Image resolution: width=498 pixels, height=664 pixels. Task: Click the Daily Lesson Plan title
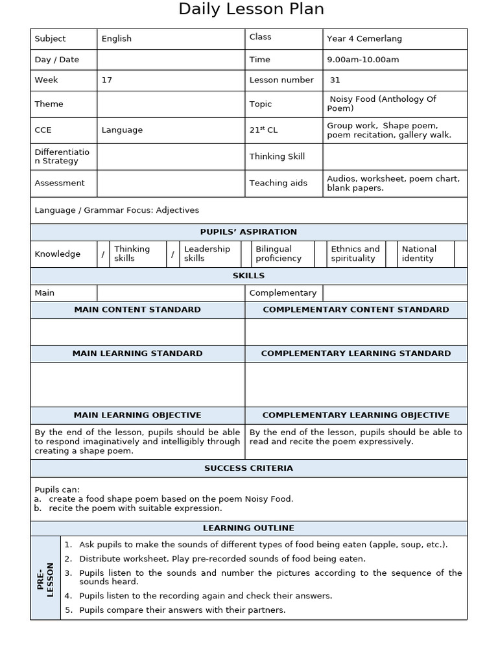pyautogui.click(x=251, y=10)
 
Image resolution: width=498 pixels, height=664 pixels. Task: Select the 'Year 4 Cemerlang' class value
pyautogui.click(x=364, y=39)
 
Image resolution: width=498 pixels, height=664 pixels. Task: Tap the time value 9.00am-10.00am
pyautogui.click(x=362, y=60)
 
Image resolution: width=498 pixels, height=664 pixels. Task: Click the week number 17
pyautogui.click(x=107, y=80)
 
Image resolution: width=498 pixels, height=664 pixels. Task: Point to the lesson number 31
pyautogui.click(x=335, y=80)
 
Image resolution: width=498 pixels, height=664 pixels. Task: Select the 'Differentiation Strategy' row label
pyautogui.click(x=62, y=156)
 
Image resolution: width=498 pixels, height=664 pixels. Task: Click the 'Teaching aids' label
pyautogui.click(x=278, y=184)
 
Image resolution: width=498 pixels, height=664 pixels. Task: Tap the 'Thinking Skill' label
pyautogui.click(x=277, y=156)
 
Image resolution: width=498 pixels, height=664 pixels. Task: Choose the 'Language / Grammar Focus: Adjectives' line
pyautogui.click(x=117, y=210)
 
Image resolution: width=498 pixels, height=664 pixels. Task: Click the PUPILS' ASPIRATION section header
pyautogui.click(x=249, y=232)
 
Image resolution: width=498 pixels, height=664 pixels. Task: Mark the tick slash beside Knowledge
pyautogui.click(x=102, y=254)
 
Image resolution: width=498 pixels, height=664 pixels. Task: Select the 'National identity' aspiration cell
pyautogui.click(x=419, y=254)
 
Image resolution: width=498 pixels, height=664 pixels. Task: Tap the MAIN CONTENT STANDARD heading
pyautogui.click(x=137, y=310)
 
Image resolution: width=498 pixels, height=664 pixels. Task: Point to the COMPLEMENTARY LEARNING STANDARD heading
pyautogui.click(x=356, y=353)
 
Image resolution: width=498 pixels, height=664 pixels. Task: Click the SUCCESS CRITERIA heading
pyautogui.click(x=249, y=468)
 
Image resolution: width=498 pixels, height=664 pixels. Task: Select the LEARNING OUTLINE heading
pyautogui.click(x=249, y=528)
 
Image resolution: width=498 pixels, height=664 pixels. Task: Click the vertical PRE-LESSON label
pyautogui.click(x=46, y=579)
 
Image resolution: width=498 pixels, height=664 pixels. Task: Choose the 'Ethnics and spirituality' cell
pyautogui.click(x=355, y=254)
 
